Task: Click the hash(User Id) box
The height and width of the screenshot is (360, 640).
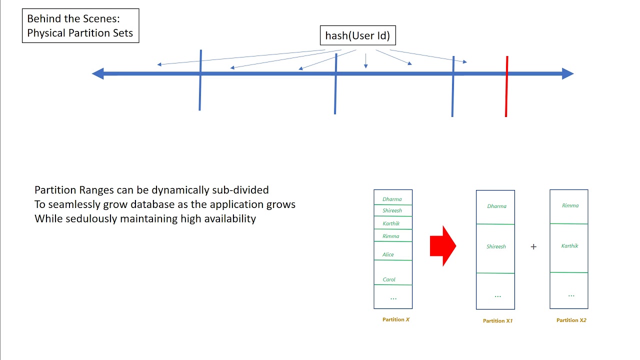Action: pos(357,35)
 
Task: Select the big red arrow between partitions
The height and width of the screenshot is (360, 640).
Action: pos(443,245)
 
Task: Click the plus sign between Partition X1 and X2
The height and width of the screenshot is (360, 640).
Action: pos(533,246)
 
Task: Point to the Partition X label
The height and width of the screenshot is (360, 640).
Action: pos(396,319)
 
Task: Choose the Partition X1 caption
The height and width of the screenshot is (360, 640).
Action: pos(497,321)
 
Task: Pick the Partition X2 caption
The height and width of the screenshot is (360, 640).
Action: pos(571,320)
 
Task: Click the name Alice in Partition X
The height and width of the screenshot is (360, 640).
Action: pos(388,254)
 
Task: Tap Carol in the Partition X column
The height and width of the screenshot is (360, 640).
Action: pos(389,279)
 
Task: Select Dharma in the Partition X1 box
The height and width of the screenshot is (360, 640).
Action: pos(496,206)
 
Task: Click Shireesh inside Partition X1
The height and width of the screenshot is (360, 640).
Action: pos(496,246)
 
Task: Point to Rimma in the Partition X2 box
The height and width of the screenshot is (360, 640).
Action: pos(570,205)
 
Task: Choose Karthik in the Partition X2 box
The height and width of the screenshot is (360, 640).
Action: pos(569,246)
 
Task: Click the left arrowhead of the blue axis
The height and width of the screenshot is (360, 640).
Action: pos(97,74)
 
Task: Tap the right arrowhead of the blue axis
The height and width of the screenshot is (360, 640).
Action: pos(568,74)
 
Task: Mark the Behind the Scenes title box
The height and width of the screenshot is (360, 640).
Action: pos(80,26)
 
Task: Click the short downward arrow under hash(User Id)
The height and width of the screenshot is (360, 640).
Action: pos(365,60)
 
